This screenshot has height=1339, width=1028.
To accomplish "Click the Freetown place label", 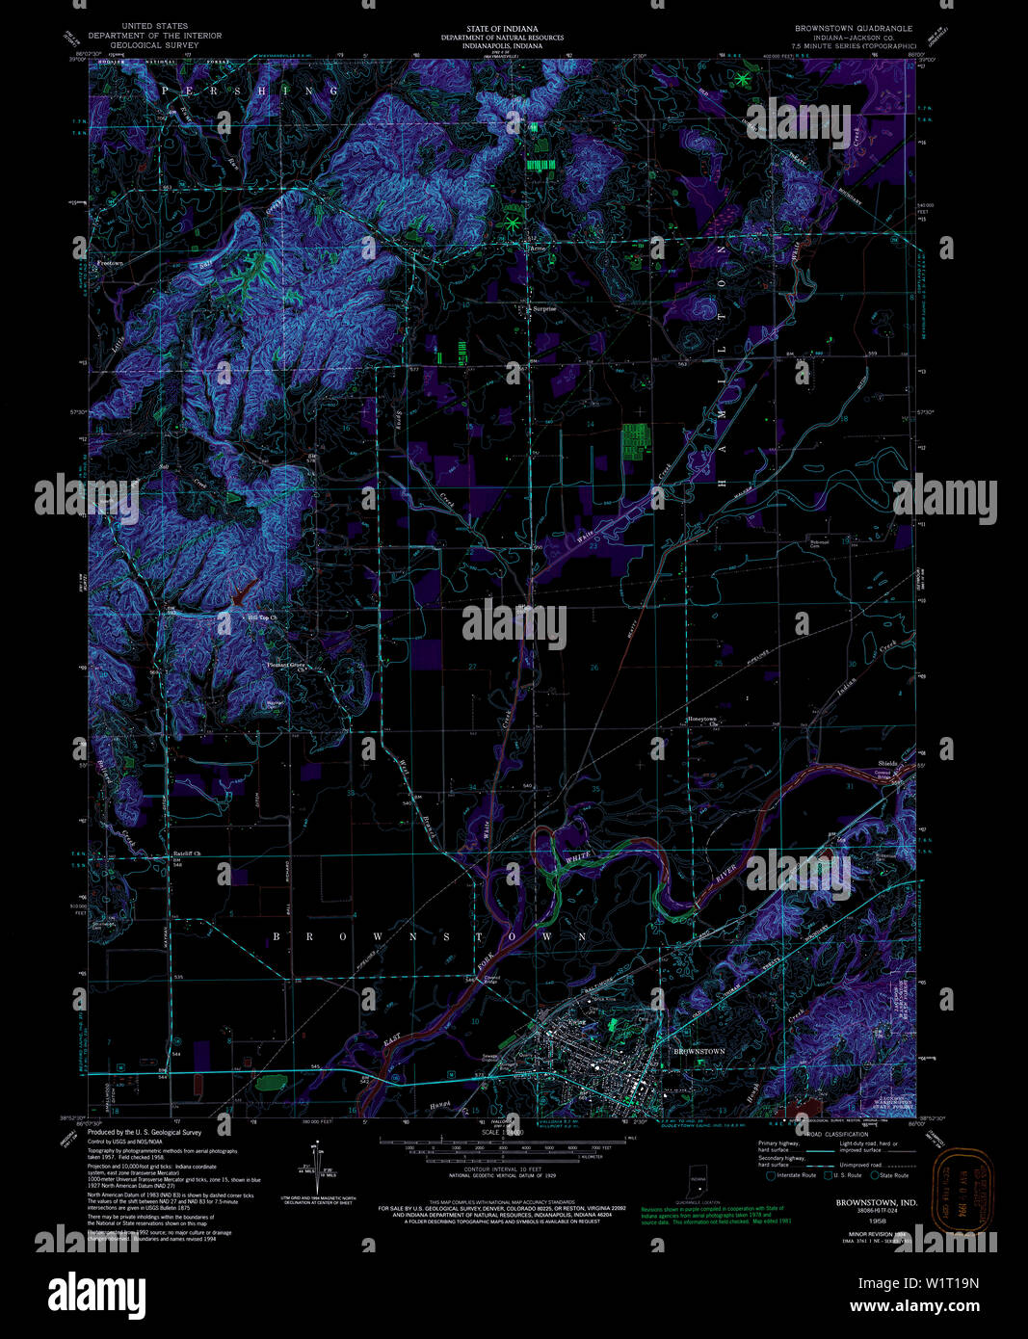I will (x=110, y=263).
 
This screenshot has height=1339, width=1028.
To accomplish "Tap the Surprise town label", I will (x=542, y=309).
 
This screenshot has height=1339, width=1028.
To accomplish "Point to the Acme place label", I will (x=538, y=248).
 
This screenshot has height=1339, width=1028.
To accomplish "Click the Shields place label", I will (x=886, y=763).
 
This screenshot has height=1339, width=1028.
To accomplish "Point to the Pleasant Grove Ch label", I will (x=287, y=665).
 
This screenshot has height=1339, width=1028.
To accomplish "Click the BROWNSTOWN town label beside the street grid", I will (x=699, y=1051).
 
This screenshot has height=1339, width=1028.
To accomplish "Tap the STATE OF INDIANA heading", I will (x=502, y=29).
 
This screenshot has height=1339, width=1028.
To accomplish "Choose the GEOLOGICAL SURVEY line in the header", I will (x=154, y=45).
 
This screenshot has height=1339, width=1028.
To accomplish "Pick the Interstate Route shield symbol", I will (x=770, y=1175).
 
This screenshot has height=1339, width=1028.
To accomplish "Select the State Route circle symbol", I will (x=875, y=1175).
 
